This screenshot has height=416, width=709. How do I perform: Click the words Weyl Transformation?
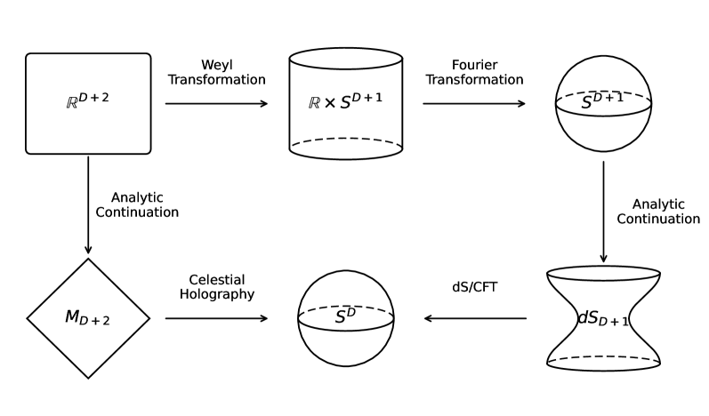pos(216,73)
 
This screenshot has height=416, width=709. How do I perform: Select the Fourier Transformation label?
pos(474,73)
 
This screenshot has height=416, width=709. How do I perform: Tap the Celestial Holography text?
pos(216,287)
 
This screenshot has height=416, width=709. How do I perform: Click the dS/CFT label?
pos(474,287)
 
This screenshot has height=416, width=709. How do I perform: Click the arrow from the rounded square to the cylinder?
pos(216,104)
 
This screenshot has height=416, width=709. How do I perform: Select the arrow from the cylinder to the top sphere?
pos(474,104)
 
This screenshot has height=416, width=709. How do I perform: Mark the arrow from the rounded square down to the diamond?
pos(88,204)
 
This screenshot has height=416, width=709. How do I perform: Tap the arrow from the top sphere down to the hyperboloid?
pos(603,212)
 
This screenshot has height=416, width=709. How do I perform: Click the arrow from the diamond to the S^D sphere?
pos(216,317)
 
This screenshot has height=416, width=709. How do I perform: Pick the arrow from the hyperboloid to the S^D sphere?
pos(474,317)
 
